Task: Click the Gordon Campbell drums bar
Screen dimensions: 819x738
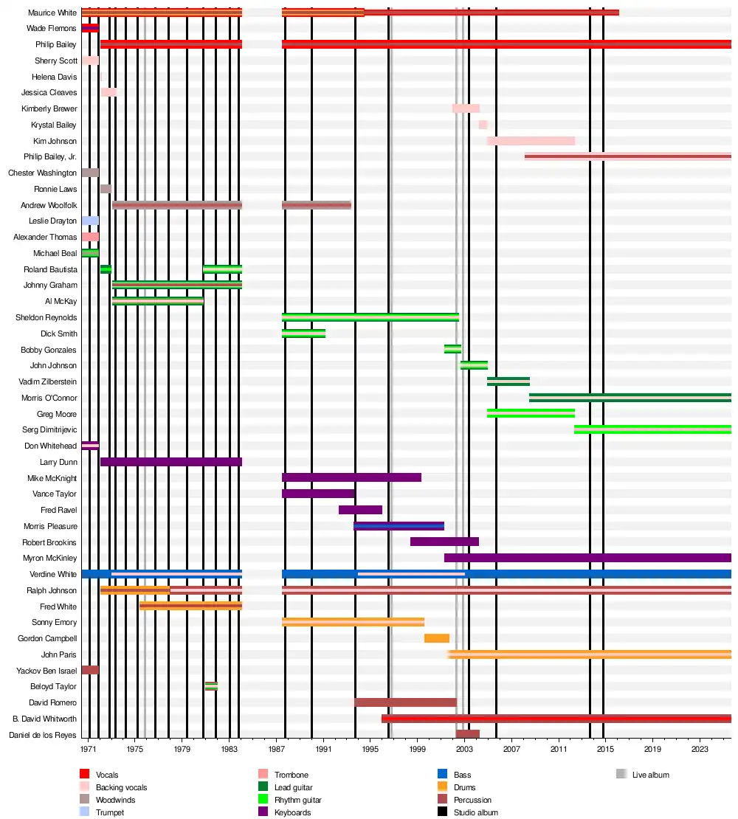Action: coord(437,638)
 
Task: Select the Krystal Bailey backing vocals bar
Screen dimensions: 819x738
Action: coord(483,125)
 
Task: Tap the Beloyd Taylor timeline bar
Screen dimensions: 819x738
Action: coord(211,686)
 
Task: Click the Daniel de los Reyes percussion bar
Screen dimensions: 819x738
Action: coord(468,734)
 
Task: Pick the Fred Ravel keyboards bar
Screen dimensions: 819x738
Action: coord(360,510)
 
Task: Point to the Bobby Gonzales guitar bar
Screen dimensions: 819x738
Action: coord(452,349)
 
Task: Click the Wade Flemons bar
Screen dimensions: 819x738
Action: coord(90,28)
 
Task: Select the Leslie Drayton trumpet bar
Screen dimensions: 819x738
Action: coord(90,221)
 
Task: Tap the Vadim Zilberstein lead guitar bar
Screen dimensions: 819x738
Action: coord(508,381)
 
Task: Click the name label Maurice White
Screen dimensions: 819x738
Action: coord(52,13)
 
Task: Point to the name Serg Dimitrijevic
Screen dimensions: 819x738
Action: coord(49,429)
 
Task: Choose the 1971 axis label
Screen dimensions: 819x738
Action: coord(89,749)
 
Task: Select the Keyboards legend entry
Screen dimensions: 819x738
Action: coord(294,812)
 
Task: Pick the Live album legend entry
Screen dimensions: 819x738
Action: coord(650,775)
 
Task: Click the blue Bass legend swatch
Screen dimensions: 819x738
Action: coord(442,773)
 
